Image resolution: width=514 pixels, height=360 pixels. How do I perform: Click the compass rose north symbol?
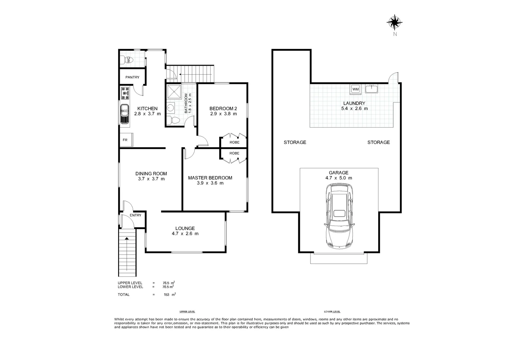[394, 22]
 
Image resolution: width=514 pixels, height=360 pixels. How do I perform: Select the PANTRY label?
[132, 77]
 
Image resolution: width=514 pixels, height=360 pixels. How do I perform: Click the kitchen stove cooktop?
[125, 93]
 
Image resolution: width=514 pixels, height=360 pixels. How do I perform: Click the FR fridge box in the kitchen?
[126, 140]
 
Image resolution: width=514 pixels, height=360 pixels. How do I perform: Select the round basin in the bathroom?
[170, 108]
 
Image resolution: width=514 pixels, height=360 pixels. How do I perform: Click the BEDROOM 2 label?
[223, 108]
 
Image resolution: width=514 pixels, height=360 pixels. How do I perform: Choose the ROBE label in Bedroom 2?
[234, 142]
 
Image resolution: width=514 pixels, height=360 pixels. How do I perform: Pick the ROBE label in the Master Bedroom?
[234, 153]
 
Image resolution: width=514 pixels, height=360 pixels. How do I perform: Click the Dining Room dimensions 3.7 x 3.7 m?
[151, 179]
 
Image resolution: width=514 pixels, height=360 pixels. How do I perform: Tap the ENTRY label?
[135, 215]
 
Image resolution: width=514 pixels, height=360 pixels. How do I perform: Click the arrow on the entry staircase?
[127, 238]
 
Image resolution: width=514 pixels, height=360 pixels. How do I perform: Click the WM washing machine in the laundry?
[356, 89]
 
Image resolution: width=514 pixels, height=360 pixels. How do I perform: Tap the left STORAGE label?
[295, 142]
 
